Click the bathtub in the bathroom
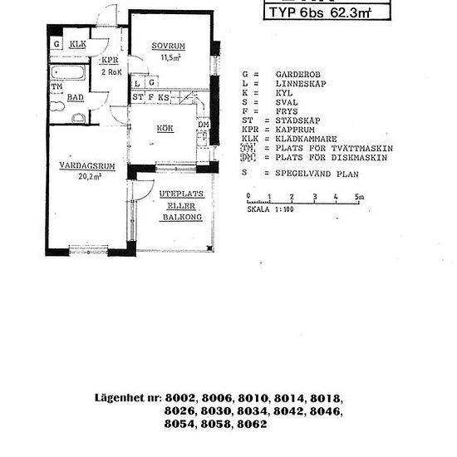point(67,73)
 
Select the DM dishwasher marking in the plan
point(204,125)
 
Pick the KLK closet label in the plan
point(77,44)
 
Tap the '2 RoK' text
point(111,72)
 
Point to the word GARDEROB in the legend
point(295,74)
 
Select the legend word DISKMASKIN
point(343,159)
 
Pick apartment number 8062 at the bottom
point(251,425)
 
